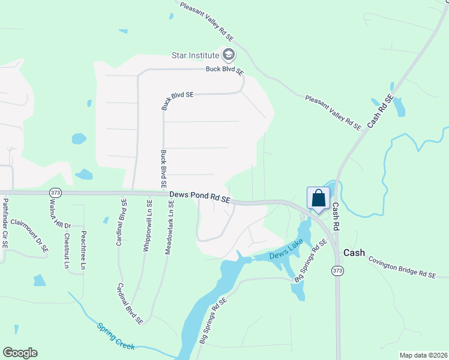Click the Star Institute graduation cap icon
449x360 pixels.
(x=228, y=56)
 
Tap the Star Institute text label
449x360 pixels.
(x=195, y=56)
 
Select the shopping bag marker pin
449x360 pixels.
(x=318, y=199)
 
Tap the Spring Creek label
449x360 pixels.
(x=116, y=336)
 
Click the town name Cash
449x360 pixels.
(x=354, y=253)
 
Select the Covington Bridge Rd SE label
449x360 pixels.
(x=401, y=267)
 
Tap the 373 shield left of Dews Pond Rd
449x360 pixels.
(x=56, y=193)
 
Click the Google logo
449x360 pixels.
(x=20, y=353)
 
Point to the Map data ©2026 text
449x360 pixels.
(x=423, y=355)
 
